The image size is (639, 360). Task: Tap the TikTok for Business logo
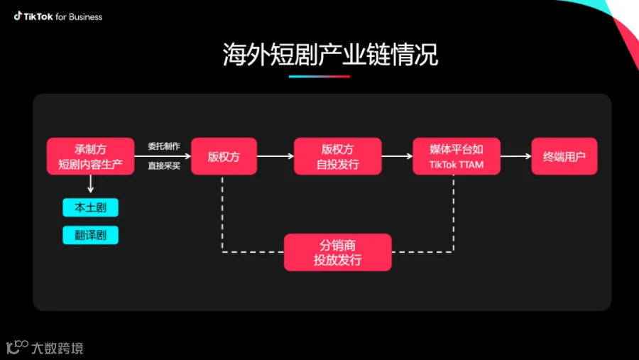pyautogui.click(x=58, y=16)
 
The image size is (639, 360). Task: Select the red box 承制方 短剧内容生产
pyautogui.click(x=90, y=156)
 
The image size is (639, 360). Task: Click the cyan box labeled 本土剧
pyautogui.click(x=90, y=207)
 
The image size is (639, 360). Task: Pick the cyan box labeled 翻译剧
pyautogui.click(x=90, y=235)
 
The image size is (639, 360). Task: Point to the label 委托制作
pyautogui.click(x=164, y=146)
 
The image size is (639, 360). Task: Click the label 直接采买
pyautogui.click(x=164, y=166)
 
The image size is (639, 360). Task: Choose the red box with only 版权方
pyautogui.click(x=224, y=156)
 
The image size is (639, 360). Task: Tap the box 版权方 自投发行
pyautogui.click(x=337, y=156)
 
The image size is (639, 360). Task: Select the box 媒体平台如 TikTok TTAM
pyautogui.click(x=456, y=156)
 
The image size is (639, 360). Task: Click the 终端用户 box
pyautogui.click(x=564, y=156)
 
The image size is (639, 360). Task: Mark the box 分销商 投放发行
pyautogui.click(x=337, y=252)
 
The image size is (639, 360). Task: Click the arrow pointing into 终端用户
pyautogui.click(x=515, y=156)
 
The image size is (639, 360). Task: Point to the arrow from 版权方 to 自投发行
pyautogui.click(x=275, y=156)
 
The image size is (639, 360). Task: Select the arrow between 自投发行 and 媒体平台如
pyautogui.click(x=397, y=156)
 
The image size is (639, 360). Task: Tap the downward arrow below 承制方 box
pyautogui.click(x=90, y=185)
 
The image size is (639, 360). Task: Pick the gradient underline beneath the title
pyautogui.click(x=319, y=76)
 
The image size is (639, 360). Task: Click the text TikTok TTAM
pyautogui.click(x=456, y=165)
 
